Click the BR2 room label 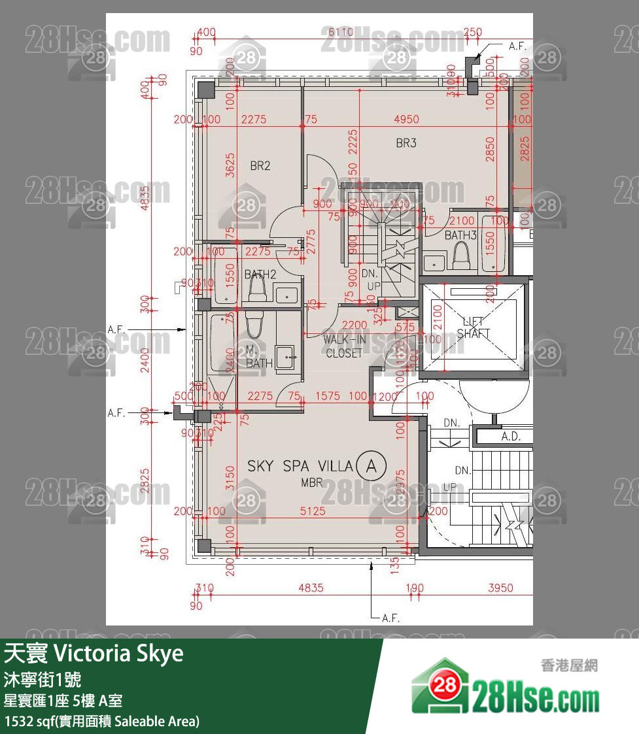(x=260, y=166)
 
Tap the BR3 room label (x=406, y=142)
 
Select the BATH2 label (x=260, y=275)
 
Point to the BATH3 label (x=460, y=235)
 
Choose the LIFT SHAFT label (x=474, y=327)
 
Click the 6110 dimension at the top (x=340, y=32)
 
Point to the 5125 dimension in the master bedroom (x=313, y=511)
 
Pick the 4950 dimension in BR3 (x=406, y=120)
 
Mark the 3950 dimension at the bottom (x=500, y=588)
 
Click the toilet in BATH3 (x=463, y=256)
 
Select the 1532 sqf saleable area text (x=101, y=722)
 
